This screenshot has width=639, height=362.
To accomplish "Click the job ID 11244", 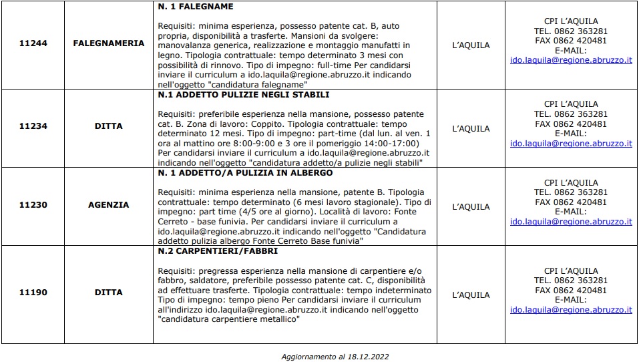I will pos(33,43).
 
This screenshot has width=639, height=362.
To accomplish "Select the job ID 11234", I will pos(33,125).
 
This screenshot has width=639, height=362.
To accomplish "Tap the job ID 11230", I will pos(33,205).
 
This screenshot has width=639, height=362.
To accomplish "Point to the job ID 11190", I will pos(33,292).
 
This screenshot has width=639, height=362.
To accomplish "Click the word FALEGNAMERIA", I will pos(108,43).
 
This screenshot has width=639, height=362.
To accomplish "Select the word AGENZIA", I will pos(108,205).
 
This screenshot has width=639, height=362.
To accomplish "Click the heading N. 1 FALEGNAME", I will pos(196,7).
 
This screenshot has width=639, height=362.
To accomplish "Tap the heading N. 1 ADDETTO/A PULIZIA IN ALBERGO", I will pos(245,173).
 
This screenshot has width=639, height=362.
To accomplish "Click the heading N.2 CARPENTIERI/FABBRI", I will pos(218,251).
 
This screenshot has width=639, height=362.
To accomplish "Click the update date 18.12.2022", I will pos(366,356).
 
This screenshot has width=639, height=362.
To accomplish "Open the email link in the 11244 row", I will pos(571,60).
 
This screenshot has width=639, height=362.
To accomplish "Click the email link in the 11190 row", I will pos(571,310).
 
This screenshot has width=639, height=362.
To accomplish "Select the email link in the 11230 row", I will pos(571,222).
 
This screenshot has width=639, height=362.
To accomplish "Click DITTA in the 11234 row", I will pos(108,125).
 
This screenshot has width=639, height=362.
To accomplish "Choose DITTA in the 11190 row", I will pos(108,292).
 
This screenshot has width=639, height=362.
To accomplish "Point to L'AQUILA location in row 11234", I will pos(471,129).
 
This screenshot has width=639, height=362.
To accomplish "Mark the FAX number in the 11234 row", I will pos(571,124).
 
